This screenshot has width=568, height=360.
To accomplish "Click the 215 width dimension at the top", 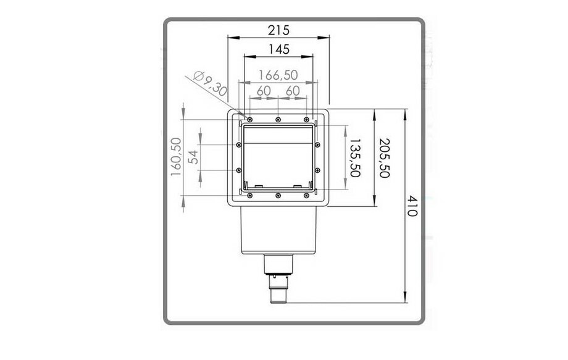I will (x=278, y=29).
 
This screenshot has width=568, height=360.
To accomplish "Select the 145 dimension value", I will (x=278, y=48).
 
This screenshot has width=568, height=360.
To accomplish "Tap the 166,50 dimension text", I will (x=278, y=75).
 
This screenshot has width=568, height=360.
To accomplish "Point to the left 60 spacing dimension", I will (x=263, y=90).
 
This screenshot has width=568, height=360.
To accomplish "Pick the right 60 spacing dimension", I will (x=293, y=90).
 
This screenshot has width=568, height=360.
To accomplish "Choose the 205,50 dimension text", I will (x=385, y=157).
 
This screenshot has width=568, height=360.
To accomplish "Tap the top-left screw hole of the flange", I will (x=250, y=119).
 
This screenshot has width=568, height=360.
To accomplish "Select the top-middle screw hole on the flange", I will (x=278, y=119).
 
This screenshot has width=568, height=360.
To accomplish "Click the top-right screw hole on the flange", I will (x=306, y=119).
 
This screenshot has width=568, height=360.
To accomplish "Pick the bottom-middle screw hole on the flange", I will (x=278, y=196).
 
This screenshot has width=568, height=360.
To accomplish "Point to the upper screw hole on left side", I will (x=239, y=145).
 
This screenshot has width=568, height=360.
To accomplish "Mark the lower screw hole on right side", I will (x=317, y=170).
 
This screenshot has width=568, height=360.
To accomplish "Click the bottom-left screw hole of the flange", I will (x=250, y=196).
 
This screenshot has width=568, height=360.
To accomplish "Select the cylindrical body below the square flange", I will (x=278, y=232).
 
